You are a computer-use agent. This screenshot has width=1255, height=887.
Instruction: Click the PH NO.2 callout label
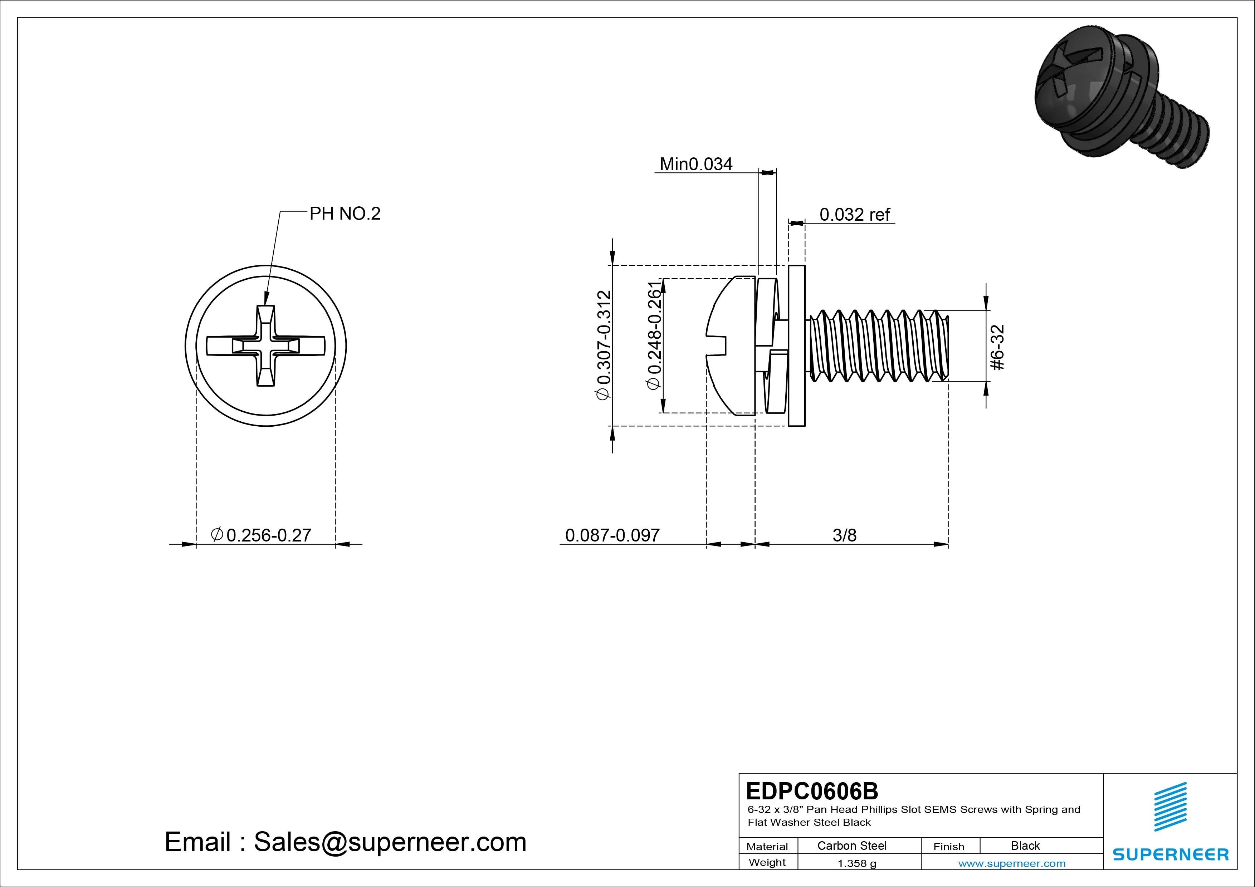coord(345,214)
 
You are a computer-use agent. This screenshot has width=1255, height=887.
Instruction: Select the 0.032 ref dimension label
coord(855,215)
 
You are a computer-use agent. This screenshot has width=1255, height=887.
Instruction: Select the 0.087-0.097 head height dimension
coord(612,535)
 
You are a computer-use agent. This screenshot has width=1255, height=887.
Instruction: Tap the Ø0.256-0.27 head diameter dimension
coord(261,535)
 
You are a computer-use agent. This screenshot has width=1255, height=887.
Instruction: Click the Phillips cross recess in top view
coord(266,346)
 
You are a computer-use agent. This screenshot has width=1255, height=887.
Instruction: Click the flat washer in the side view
coord(797,346)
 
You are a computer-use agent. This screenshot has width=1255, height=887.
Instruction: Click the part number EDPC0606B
coord(812,791)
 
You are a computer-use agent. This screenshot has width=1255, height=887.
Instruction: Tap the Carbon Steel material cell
coord(851,846)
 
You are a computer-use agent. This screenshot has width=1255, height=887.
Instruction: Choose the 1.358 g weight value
coord(856,863)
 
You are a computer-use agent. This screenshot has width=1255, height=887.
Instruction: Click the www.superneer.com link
coord(1012,863)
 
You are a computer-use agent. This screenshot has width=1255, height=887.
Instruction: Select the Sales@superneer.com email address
coord(390,842)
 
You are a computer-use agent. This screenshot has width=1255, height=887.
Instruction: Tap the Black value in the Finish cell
coord(1025,846)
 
